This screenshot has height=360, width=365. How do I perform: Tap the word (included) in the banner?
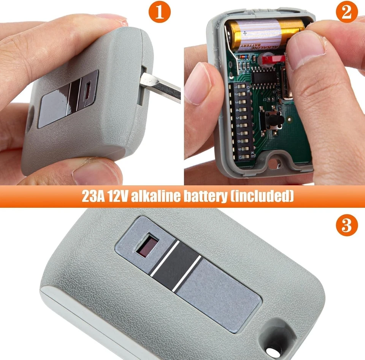tap(262, 196)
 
